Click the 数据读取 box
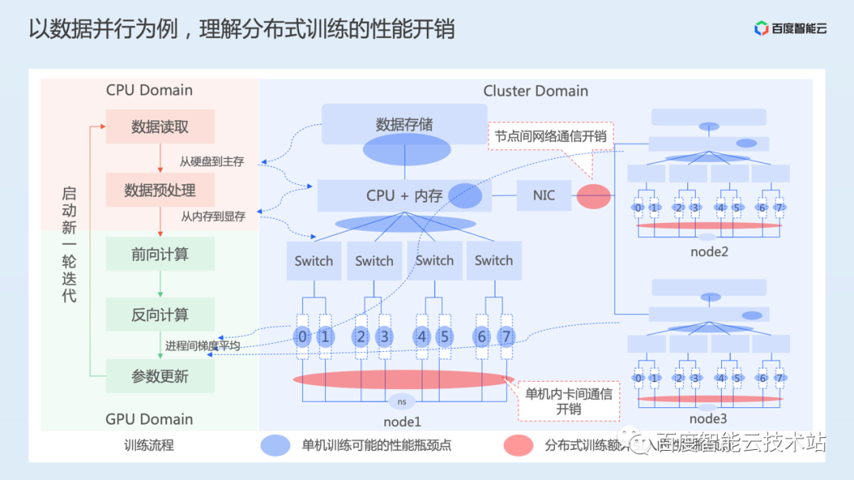tap(161, 127)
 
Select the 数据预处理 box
tap(161, 191)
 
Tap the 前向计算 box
tap(161, 255)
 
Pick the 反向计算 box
tap(161, 315)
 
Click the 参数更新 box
tap(161, 376)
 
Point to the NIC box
tap(544, 195)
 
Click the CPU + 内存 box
tap(404, 195)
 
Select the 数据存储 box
tap(404, 125)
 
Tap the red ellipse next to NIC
tap(593, 196)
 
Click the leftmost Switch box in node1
tap(314, 261)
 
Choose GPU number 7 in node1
tap(506, 338)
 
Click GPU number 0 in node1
tap(303, 338)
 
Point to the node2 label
tap(708, 252)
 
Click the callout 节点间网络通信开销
tap(550, 136)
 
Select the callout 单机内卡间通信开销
tap(568, 401)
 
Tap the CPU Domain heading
tap(149, 90)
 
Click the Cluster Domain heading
tap(535, 91)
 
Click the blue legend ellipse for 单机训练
tap(276, 445)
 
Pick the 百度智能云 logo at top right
tap(790, 29)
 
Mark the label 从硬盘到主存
tap(211, 161)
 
